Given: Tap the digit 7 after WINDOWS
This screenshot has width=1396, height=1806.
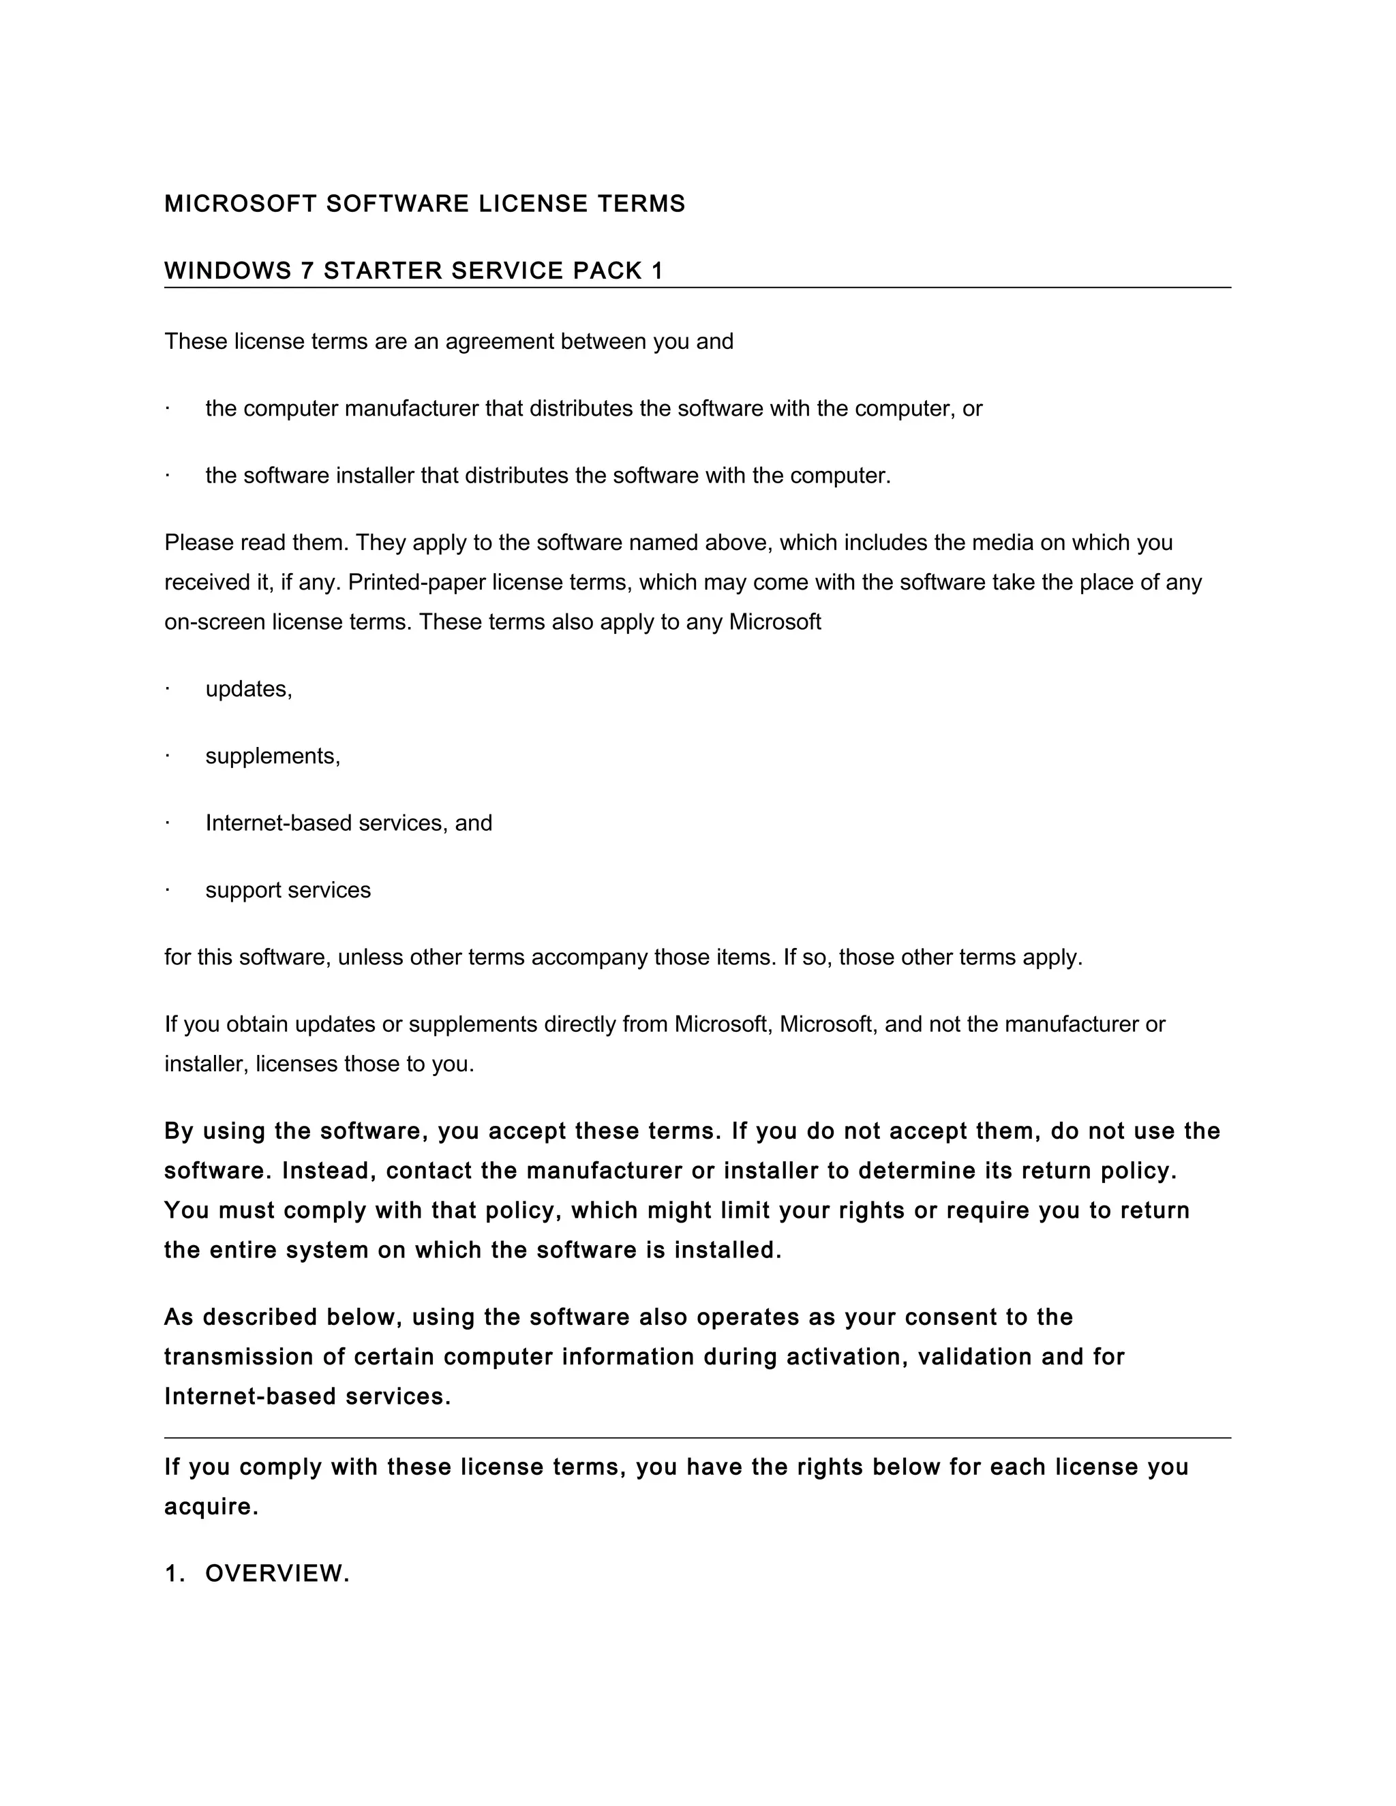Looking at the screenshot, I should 307,271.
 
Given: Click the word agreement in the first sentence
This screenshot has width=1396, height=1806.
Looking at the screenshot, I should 500,341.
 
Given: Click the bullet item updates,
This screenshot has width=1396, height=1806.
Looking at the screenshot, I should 248,689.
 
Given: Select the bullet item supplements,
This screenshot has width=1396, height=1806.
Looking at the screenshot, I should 272,756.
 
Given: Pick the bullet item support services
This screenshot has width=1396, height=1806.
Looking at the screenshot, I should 288,890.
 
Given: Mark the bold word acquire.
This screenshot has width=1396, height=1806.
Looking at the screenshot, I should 211,1507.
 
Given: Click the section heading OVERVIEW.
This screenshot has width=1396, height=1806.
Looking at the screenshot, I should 277,1574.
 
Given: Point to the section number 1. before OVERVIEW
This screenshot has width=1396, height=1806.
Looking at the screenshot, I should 174,1574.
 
